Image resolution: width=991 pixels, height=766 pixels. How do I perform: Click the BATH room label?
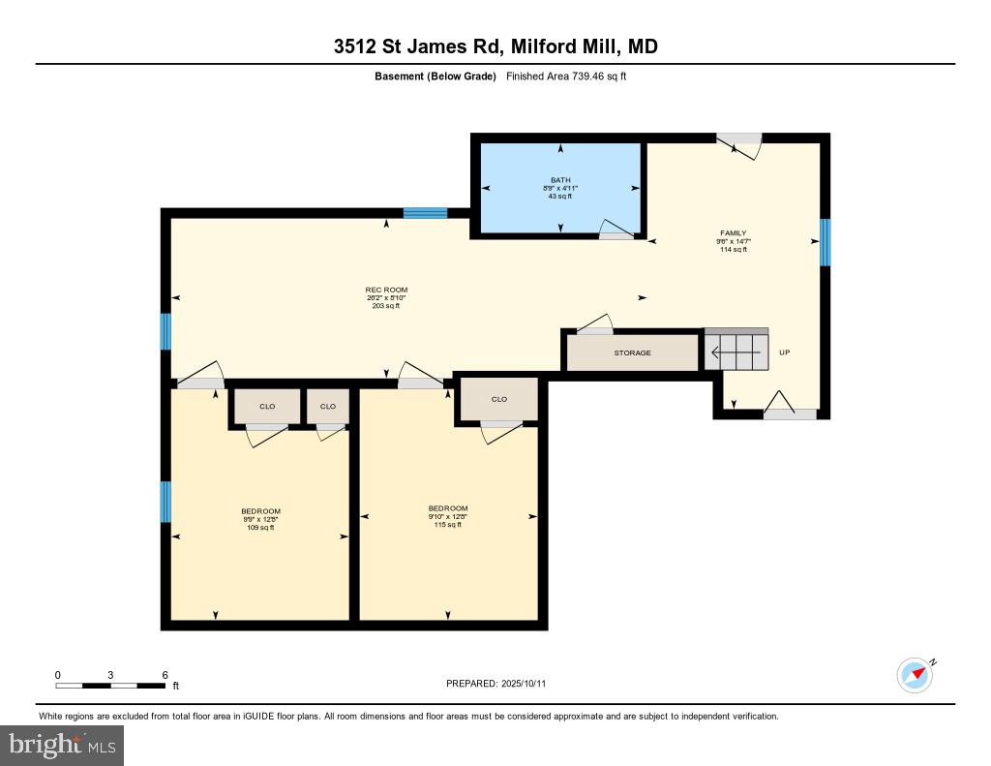coord(561,180)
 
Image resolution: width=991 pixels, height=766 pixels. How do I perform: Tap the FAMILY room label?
coord(733,233)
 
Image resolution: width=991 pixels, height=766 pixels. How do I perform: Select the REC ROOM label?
coord(386,290)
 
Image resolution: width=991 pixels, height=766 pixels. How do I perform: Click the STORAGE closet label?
coord(632,352)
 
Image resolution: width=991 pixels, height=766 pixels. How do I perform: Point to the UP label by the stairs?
coord(785,352)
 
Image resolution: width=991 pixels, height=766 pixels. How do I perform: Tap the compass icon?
coord(915,675)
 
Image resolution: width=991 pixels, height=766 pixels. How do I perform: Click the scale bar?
coord(110,685)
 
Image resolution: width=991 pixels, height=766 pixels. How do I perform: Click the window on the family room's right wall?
coord(826,242)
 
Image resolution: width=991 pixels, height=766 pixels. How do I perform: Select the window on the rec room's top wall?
coord(425,213)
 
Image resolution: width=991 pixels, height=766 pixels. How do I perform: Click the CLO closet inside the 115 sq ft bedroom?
coord(499,399)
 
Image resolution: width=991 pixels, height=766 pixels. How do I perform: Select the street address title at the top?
coord(495,46)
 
